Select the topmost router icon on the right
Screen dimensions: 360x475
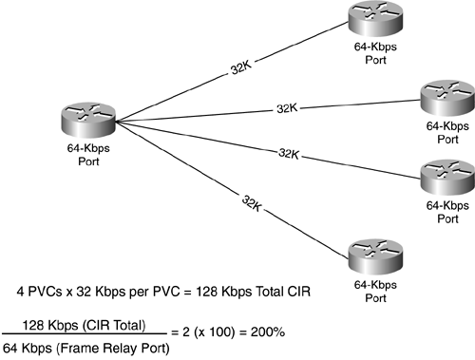tap(370, 19)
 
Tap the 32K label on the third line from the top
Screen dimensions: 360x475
tap(288, 152)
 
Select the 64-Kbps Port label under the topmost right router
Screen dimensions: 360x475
tap(370, 52)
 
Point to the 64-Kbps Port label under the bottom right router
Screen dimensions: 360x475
tap(370, 288)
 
